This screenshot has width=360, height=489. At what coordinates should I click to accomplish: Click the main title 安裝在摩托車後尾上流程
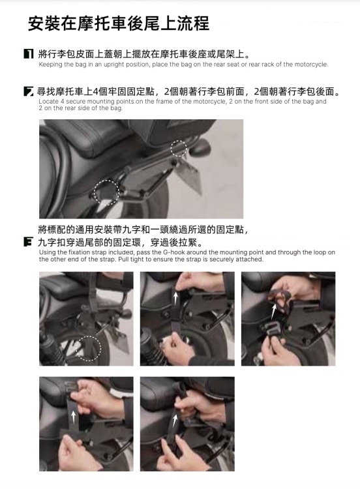pyautogui.click(x=119, y=23)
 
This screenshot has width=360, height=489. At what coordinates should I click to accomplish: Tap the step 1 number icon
pyautogui.click(x=29, y=54)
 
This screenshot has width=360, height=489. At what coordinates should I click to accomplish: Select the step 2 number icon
pyautogui.click(x=29, y=92)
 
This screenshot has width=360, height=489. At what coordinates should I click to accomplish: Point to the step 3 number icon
pyautogui.click(x=29, y=242)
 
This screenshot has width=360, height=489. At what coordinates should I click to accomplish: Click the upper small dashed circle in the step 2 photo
pyautogui.click(x=179, y=148)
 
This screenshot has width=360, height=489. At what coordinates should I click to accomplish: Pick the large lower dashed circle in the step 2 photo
pyautogui.click(x=106, y=193)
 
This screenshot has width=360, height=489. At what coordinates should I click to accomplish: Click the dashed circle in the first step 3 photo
pyautogui.click(x=88, y=348)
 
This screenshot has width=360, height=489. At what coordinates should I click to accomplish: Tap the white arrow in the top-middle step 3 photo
pyautogui.click(x=175, y=299)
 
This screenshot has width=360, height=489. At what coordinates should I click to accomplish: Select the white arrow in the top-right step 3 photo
pyautogui.click(x=274, y=312)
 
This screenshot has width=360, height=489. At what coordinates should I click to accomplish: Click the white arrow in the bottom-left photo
pyautogui.click(x=73, y=417)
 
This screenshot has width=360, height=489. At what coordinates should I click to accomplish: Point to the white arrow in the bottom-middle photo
pyautogui.click(x=175, y=421)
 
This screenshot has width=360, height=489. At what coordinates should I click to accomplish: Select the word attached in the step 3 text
pyautogui.click(x=252, y=259)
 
